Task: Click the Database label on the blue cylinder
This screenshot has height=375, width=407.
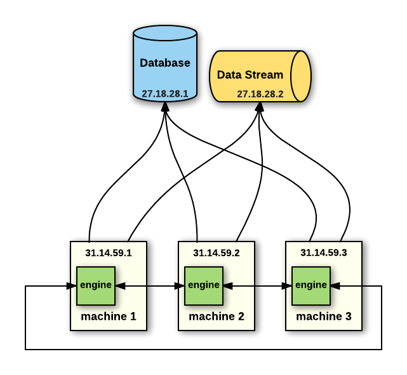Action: click(164, 63)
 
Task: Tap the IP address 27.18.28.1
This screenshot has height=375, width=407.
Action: click(164, 93)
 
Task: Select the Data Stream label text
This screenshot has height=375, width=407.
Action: click(250, 75)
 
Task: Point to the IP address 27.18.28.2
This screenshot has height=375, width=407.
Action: click(260, 94)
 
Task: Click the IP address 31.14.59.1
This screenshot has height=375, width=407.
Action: click(108, 252)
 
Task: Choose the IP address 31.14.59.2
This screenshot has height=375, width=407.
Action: click(216, 252)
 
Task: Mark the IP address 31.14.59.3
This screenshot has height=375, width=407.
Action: click(323, 252)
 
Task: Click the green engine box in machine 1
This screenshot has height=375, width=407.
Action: click(96, 285)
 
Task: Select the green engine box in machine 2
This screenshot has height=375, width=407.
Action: click(204, 285)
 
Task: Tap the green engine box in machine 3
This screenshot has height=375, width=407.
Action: click(311, 285)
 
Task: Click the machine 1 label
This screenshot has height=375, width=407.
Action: click(108, 316)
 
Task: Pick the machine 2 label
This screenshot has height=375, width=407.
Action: click(216, 316)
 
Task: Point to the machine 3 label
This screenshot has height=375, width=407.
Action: click(323, 316)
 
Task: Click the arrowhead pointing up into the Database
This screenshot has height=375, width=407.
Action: click(164, 107)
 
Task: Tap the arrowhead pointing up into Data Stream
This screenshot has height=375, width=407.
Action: click(259, 107)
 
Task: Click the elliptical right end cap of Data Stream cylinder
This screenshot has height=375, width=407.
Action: click(300, 76)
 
